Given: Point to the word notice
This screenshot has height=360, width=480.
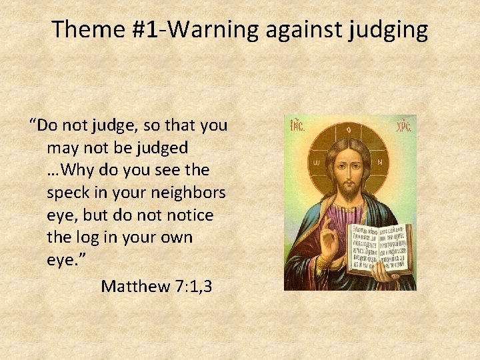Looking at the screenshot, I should pyautogui.click(x=187, y=215).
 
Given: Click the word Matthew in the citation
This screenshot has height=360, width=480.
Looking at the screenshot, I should pyautogui.click(x=135, y=287).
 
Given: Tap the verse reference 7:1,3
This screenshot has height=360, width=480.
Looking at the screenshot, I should pyautogui.click(x=192, y=287).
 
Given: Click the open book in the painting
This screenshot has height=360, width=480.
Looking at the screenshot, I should pyautogui.click(x=381, y=249).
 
